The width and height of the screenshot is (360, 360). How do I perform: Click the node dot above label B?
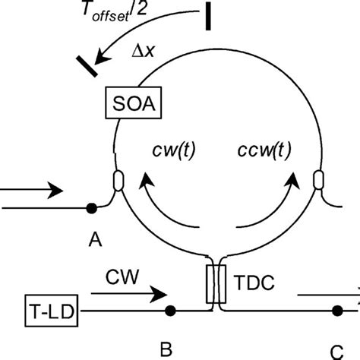tap(170, 310)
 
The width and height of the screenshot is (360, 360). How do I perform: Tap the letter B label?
tap(166, 349)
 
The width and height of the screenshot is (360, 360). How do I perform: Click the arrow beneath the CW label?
tap(129, 292)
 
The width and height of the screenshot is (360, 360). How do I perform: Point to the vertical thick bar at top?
tap(207, 17)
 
